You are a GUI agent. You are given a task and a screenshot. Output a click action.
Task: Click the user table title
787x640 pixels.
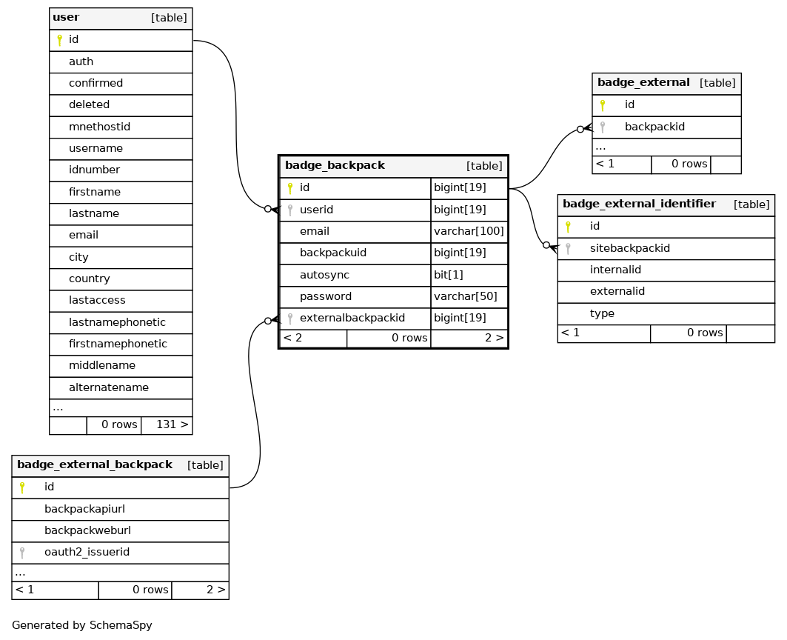tap(66, 17)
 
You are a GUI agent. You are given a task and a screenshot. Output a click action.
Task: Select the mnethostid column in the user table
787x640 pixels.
tap(99, 127)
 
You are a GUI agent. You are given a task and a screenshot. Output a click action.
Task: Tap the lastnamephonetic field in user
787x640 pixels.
tap(117, 322)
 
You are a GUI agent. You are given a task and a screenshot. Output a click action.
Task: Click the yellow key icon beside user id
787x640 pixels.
tap(59, 40)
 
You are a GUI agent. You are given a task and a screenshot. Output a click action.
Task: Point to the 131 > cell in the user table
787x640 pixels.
tap(173, 424)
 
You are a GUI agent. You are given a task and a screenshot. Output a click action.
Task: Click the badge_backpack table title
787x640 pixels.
tap(335, 165)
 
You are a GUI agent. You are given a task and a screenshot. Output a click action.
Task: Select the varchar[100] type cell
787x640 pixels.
tap(469, 231)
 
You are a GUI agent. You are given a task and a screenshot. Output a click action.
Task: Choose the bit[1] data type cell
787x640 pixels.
tap(448, 275)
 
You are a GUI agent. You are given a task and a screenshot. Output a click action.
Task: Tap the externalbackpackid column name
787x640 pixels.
tap(352, 318)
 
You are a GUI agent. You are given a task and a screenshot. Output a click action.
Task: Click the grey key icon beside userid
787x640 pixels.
tap(290, 210)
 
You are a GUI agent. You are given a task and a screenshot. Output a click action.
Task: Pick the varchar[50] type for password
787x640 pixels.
tap(465, 296)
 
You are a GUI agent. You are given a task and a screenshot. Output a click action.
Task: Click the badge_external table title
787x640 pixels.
tap(643, 82)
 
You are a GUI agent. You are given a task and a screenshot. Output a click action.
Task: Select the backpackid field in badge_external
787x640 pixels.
tap(654, 127)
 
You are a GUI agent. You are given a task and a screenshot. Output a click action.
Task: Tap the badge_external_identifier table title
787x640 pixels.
tap(639, 204)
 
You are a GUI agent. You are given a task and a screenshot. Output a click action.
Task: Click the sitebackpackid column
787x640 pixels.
tap(630, 248)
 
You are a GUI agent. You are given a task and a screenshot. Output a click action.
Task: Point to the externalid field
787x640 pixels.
tap(617, 291)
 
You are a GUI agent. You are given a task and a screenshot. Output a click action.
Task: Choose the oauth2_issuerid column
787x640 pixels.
tap(87, 552)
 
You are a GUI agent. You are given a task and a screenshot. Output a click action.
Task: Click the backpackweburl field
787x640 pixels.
tap(87, 530)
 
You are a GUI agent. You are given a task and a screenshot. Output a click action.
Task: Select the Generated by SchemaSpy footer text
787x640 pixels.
tap(82, 625)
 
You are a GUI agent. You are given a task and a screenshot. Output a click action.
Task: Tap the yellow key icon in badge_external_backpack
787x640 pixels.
tap(22, 487)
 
